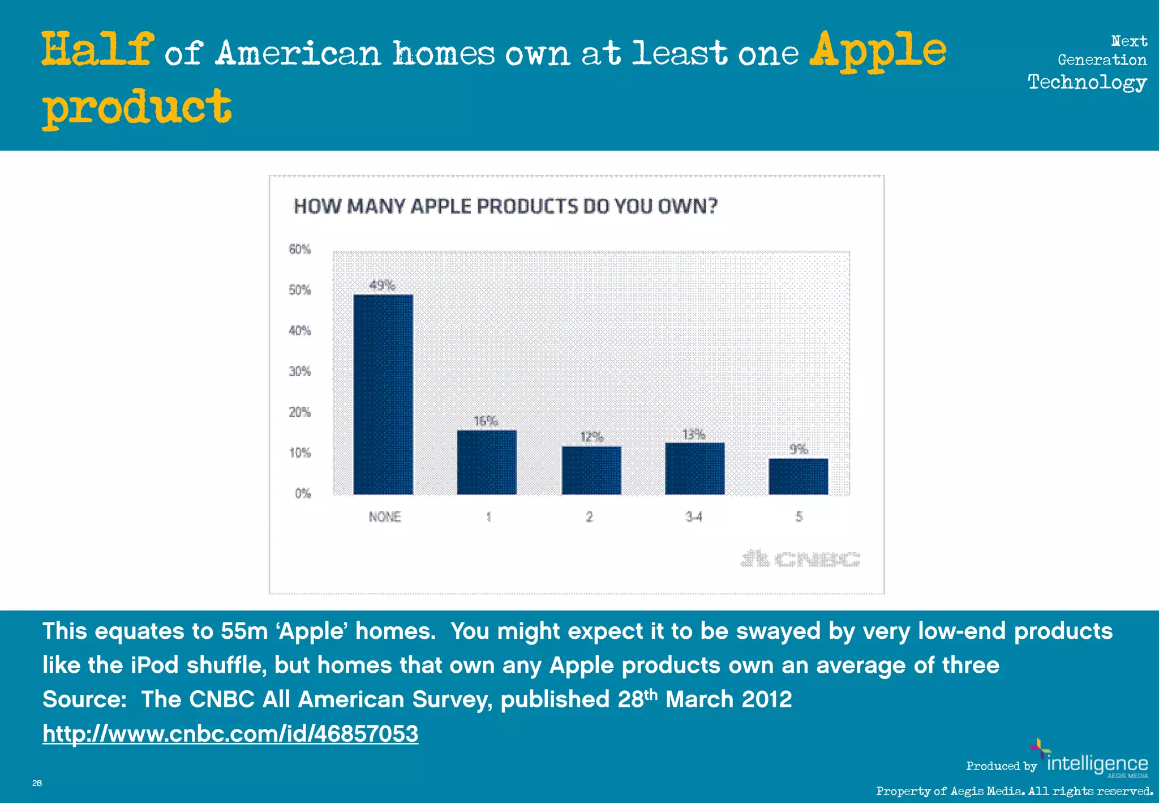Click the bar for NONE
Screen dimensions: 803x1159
point(383,394)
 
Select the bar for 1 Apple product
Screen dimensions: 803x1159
point(487,462)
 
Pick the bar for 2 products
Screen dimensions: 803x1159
point(591,470)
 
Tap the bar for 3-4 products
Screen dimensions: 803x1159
point(694,468)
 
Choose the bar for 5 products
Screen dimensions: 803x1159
point(798,476)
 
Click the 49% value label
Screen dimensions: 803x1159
point(382,285)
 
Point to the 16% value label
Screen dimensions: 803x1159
point(486,421)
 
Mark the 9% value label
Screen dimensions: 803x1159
point(798,449)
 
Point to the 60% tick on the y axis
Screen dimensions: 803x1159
point(300,249)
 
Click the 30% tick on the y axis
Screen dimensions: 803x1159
point(300,371)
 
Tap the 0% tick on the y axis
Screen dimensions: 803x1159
point(303,493)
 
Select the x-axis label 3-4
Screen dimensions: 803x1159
point(694,516)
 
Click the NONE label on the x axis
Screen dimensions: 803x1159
point(385,516)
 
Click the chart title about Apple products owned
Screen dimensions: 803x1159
point(505,206)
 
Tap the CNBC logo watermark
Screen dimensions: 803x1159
point(800,559)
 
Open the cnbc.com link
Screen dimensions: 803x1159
point(230,734)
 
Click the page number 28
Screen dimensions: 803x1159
point(37,783)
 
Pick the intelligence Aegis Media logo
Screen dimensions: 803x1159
point(1092,762)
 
